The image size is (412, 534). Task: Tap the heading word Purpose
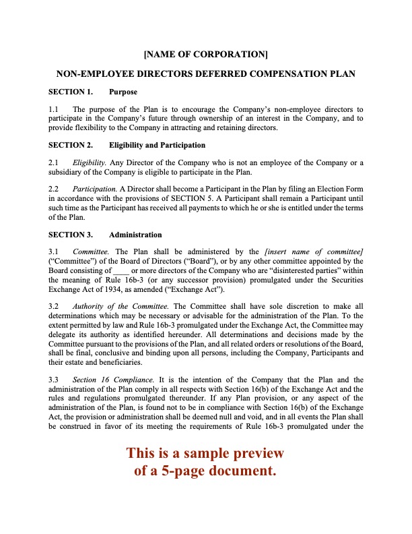click(x=123, y=91)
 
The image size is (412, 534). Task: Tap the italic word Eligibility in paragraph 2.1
click(x=89, y=162)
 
